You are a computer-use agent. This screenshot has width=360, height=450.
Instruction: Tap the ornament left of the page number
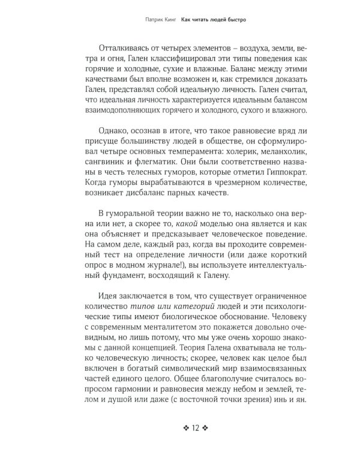pos(186,428)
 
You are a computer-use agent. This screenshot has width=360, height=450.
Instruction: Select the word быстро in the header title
pos(236,19)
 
